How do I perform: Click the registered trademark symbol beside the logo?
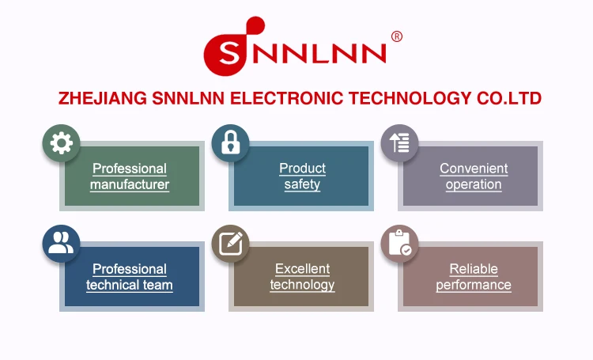pos(397,36)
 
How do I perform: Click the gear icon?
pos(61,143)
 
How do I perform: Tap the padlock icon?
pos(231,143)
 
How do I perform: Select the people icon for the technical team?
pos(61,244)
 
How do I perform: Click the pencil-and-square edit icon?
pos(231,244)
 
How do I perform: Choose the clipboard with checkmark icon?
pos(400,244)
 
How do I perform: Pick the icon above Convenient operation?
pos(400,143)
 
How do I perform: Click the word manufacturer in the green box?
pos(130,185)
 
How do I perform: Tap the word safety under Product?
pos(302,185)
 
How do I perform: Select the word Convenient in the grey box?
pos(474,169)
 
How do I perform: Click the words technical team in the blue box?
pos(130,286)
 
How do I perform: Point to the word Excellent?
pos(302,269)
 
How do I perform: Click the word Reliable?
pos(474,269)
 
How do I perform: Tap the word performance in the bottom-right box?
pos(474,286)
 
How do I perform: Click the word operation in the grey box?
pos(474,185)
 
